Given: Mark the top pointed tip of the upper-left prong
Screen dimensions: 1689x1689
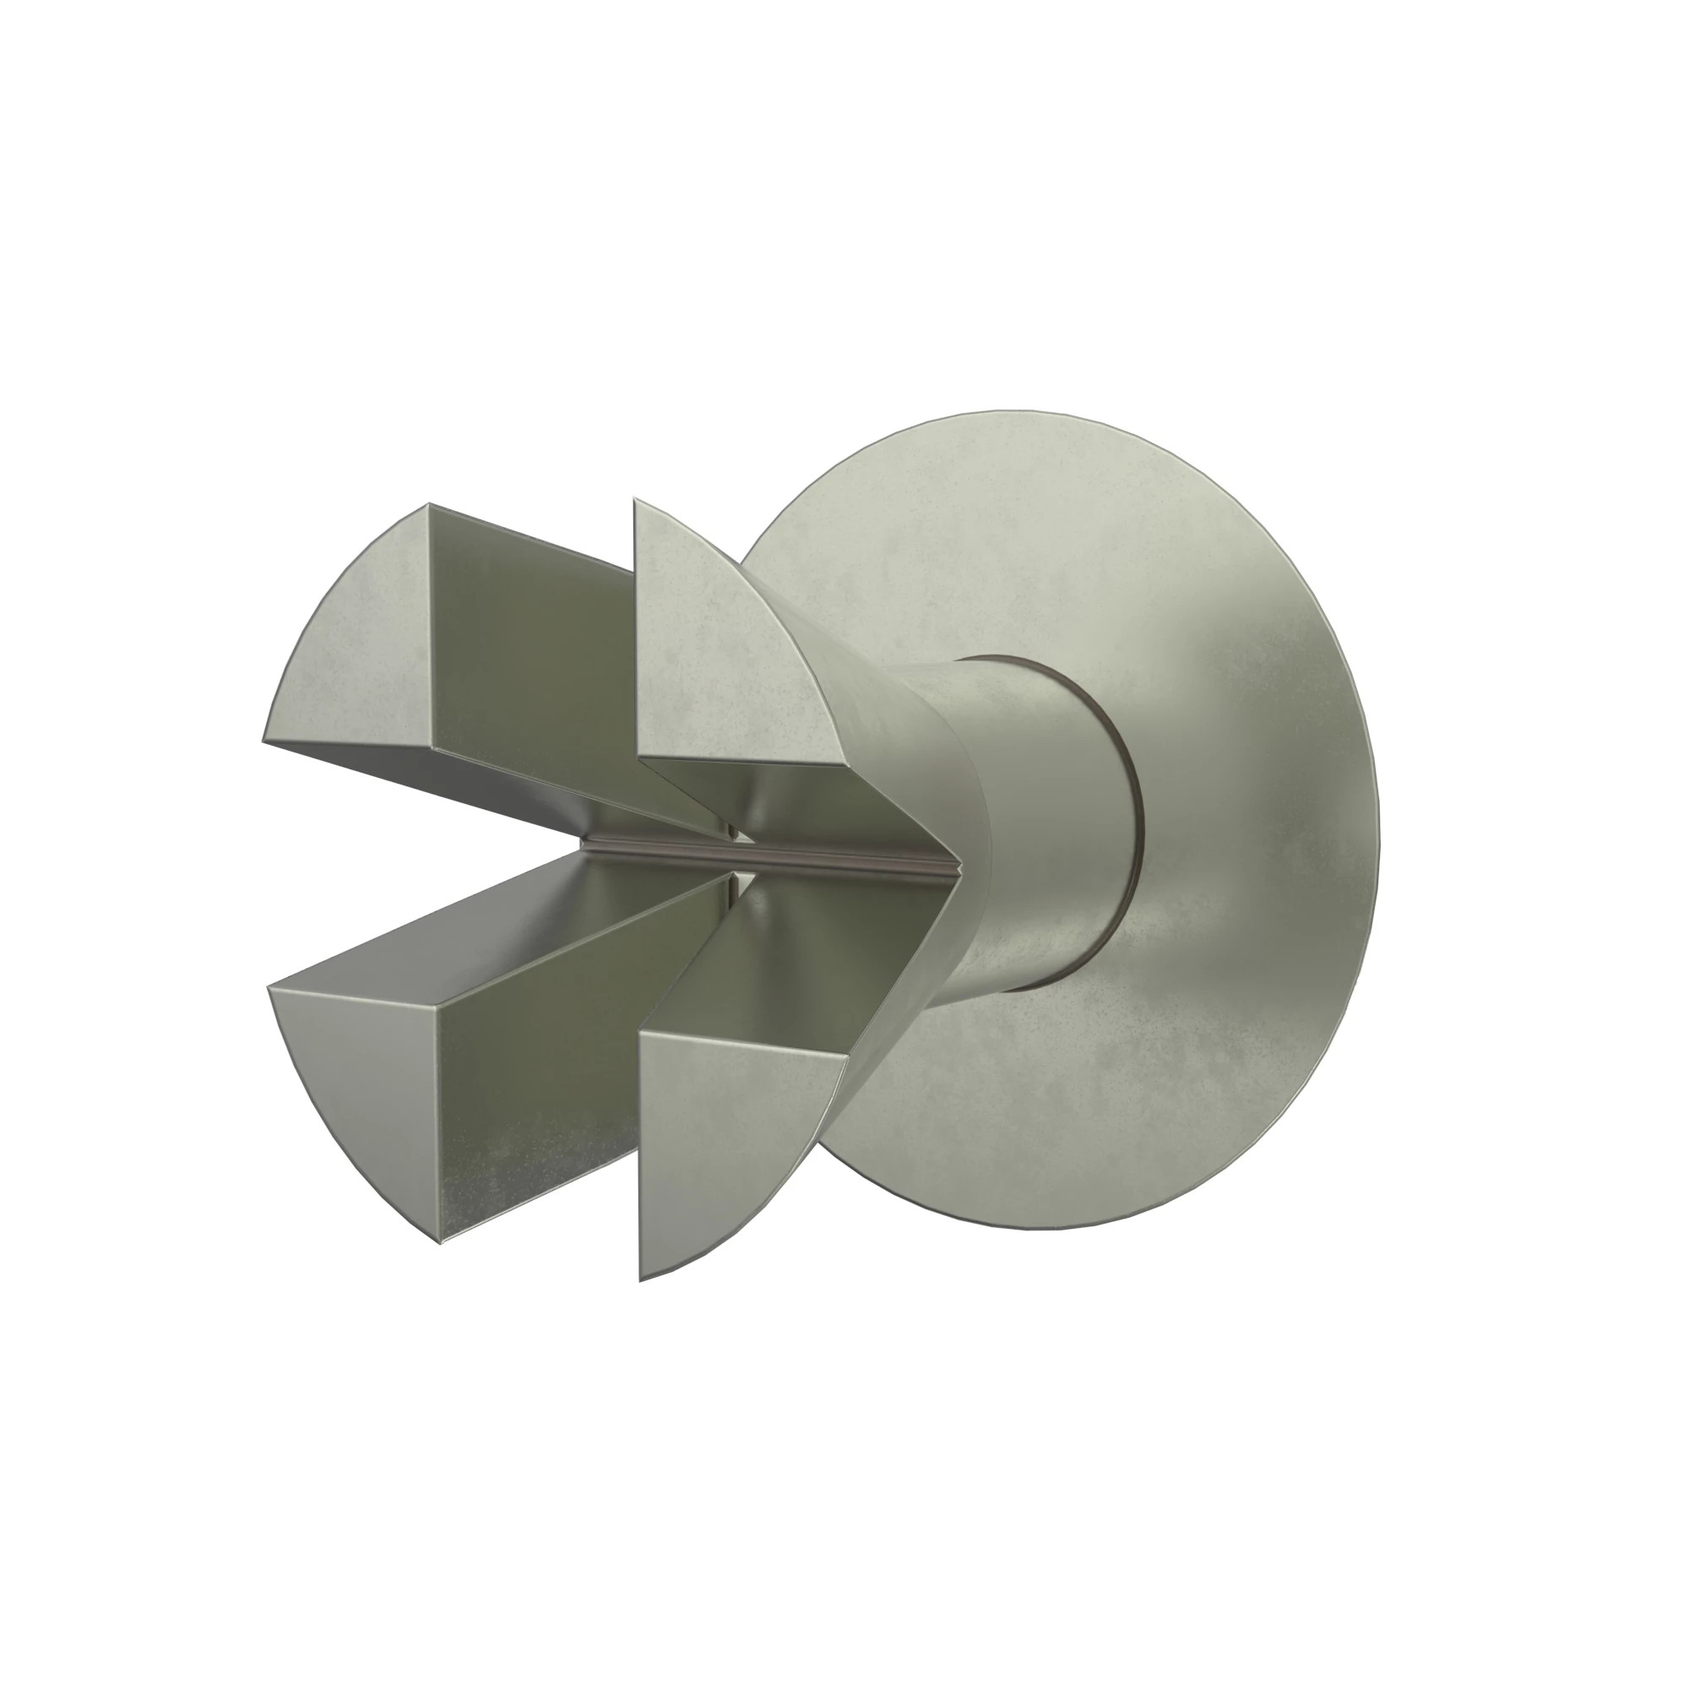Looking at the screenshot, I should point(428,504).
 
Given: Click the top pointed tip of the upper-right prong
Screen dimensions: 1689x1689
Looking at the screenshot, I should point(636,500).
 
